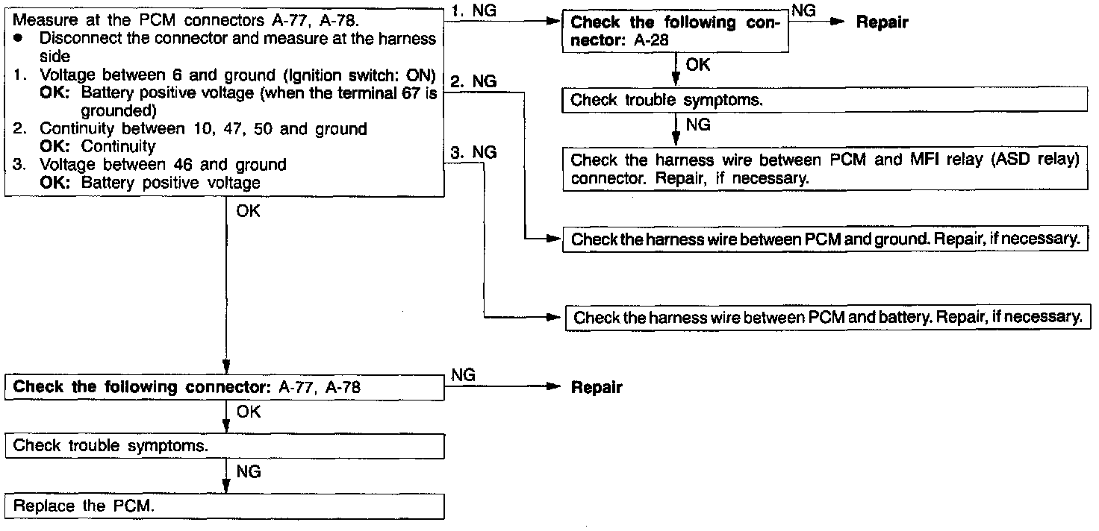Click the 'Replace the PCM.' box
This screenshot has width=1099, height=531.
tap(225, 506)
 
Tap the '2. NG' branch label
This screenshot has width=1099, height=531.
tap(474, 81)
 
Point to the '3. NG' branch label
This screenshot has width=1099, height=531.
tap(474, 152)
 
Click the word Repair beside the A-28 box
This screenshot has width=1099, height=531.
tap(882, 22)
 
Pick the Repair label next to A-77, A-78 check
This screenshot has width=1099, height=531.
tap(596, 388)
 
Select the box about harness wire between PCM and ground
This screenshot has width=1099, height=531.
tap(825, 239)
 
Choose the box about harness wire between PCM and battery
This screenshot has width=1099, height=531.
tap(828, 317)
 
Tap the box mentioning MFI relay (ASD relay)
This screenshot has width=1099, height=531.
tap(825, 170)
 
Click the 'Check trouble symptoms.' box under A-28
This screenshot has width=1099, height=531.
tap(825, 100)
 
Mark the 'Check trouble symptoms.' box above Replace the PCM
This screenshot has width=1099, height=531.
tap(225, 446)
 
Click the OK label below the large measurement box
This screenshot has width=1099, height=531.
tap(248, 212)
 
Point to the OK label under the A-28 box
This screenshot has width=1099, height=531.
tap(697, 65)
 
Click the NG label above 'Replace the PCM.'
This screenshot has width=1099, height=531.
tap(248, 471)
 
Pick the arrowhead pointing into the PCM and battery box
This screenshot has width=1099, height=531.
tap(553, 317)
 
